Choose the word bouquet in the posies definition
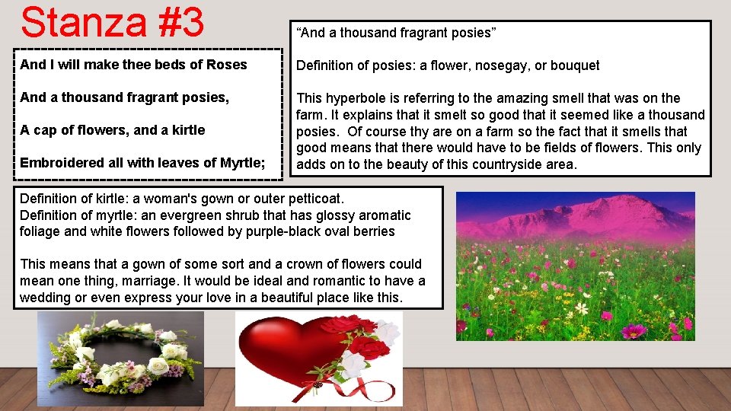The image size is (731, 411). [x=575, y=65]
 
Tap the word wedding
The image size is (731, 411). [x=45, y=298]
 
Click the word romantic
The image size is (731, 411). [x=336, y=281]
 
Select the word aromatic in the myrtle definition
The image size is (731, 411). [x=383, y=215]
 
